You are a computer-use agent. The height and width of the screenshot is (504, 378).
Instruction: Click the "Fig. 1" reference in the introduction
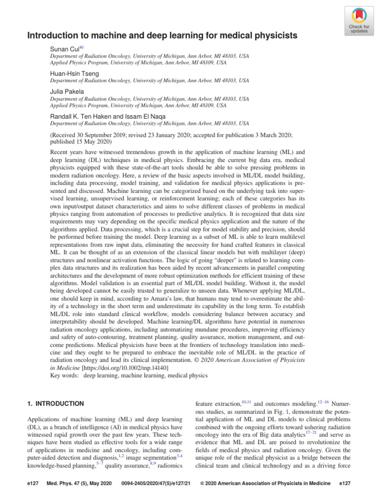pos(276,412)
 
